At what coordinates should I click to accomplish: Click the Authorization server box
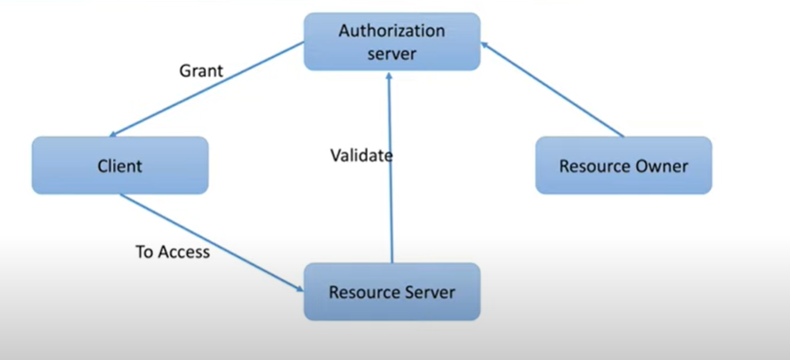point(392,42)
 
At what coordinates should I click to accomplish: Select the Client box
point(120,165)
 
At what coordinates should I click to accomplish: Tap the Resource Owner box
point(624,165)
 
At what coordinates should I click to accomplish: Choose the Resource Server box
point(392,292)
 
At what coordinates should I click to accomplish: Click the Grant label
point(201,72)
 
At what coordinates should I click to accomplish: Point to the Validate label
point(361,156)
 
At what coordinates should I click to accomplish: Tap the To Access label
point(173,252)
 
